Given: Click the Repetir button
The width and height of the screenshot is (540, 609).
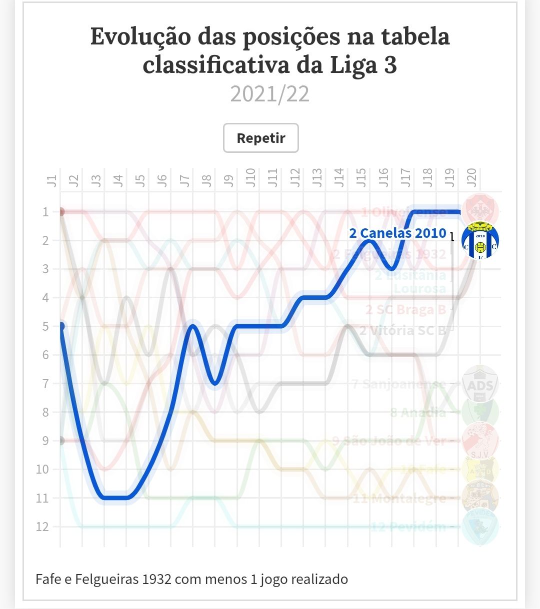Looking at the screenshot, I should [260, 138].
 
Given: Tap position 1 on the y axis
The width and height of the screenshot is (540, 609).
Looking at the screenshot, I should [45, 212].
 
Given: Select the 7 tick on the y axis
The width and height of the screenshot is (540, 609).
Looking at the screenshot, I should [45, 384].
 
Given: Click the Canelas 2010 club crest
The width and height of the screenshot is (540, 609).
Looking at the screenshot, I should [480, 241].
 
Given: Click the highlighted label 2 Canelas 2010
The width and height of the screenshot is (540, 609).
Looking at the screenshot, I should [397, 233].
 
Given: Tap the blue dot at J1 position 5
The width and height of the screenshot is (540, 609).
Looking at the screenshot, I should [61, 326].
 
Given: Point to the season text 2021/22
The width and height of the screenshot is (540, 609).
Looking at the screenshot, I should [269, 94].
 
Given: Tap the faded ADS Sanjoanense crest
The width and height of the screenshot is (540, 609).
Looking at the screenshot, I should [480, 384].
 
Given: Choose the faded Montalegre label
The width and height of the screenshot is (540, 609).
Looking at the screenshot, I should [399, 498].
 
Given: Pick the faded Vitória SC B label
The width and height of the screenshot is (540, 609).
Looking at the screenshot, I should [402, 330].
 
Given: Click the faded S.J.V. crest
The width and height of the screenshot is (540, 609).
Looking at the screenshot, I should [480, 441].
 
